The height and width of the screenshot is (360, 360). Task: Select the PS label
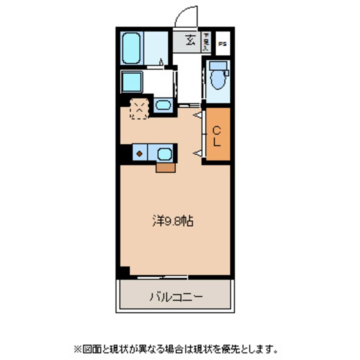222,44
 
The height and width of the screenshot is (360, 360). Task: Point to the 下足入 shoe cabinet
206,42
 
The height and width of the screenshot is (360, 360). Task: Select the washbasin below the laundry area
162,105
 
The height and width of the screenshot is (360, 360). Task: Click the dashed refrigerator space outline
139,109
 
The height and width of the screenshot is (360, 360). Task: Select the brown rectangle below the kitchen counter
166,168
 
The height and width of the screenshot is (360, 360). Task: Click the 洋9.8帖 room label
173,221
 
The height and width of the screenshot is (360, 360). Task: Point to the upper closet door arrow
197,115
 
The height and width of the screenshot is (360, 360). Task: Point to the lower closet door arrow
197,152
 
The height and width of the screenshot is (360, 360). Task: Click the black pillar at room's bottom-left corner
124,271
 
